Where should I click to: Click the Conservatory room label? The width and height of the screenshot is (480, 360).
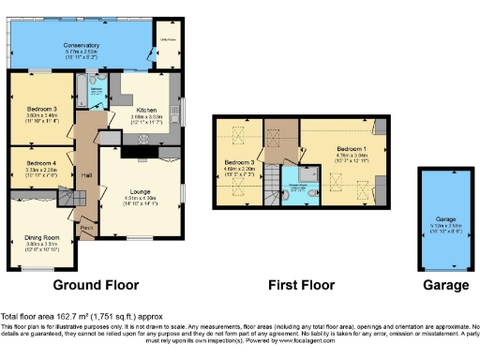(x=81, y=45)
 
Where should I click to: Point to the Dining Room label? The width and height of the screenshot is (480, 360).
(x=41, y=237)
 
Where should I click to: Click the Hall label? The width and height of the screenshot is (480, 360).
(x=85, y=174)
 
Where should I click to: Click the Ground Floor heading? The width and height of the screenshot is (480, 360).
(x=97, y=285)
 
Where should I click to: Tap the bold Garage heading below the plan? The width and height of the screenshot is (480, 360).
(x=445, y=285)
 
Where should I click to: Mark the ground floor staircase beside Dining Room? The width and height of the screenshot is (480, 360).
(x=75, y=198)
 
